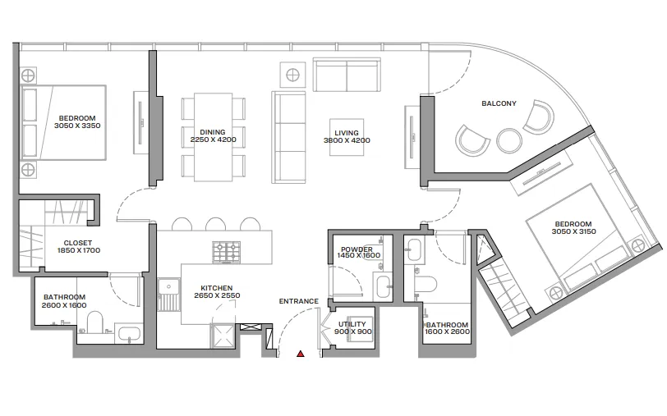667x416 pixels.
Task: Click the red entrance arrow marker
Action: (x=301, y=354)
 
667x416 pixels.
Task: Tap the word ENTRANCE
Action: (x=298, y=301)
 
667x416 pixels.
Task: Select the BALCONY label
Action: (x=499, y=103)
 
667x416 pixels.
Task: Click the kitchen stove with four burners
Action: (x=227, y=250)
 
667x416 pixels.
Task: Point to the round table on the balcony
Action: (x=509, y=140)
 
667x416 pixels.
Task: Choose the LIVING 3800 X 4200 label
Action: (x=347, y=136)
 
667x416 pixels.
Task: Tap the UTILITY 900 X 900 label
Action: (x=354, y=328)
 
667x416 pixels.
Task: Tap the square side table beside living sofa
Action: (x=294, y=75)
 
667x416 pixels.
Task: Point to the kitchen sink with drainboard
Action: (x=169, y=295)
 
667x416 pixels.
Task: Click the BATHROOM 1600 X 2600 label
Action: (x=447, y=329)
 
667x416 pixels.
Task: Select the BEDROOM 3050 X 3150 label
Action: (x=572, y=228)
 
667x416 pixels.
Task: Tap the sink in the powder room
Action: (x=384, y=286)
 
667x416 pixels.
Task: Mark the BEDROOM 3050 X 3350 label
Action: (x=76, y=121)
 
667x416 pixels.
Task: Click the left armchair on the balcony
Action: (x=472, y=139)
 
